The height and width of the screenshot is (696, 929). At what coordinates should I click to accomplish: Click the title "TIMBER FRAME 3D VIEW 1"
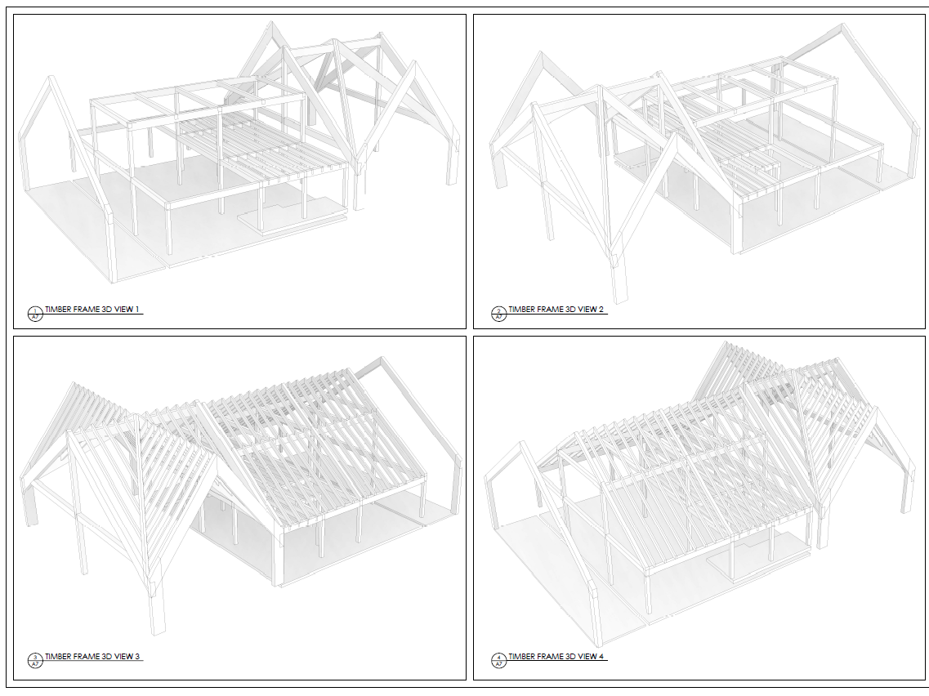(x=92, y=310)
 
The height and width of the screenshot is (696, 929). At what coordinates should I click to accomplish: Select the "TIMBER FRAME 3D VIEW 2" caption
(x=556, y=310)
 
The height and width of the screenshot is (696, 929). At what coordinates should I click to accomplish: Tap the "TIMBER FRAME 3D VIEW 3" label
(x=92, y=656)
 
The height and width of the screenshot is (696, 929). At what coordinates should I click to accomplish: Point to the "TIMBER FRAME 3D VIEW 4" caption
(x=556, y=656)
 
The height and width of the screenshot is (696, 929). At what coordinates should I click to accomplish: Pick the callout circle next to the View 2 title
(x=498, y=314)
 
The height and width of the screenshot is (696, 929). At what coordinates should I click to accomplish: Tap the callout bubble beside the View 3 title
(x=34, y=660)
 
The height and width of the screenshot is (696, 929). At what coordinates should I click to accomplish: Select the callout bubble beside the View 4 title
(x=498, y=660)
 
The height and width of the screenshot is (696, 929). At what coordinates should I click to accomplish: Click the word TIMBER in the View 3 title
(x=57, y=656)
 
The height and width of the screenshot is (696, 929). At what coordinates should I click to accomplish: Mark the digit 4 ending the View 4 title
(x=602, y=656)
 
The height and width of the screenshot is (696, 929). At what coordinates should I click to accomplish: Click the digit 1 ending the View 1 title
(x=138, y=310)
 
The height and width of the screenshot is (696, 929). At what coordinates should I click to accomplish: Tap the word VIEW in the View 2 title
(x=588, y=310)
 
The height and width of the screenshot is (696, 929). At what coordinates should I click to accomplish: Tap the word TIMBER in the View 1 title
(x=57, y=310)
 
